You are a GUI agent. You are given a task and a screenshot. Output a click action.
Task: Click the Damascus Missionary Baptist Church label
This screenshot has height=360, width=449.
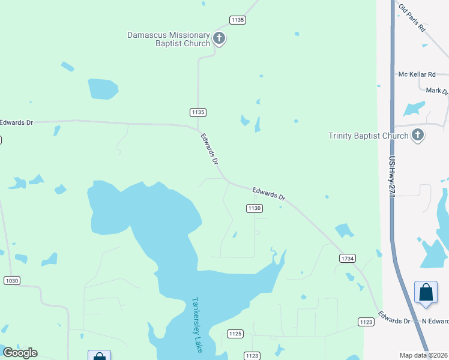click(168, 39)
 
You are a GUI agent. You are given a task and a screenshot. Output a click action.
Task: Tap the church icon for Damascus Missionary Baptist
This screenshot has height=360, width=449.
click(219, 40)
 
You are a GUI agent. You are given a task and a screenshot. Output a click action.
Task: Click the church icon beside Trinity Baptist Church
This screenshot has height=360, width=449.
click(418, 135)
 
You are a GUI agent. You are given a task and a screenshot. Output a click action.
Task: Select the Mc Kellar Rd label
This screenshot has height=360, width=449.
click(417, 74)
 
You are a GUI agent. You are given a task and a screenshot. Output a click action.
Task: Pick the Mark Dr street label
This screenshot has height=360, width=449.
click(436, 91)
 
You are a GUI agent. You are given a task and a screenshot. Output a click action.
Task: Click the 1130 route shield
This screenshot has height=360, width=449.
click(254, 208)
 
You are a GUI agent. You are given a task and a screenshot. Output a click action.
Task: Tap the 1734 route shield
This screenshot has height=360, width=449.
click(348, 258)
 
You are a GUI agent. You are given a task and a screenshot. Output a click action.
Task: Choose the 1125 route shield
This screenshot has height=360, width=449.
click(235, 333)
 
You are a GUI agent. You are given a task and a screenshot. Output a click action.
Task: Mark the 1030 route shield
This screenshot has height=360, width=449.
click(11, 280)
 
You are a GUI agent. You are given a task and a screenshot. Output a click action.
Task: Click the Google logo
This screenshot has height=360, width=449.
click(20, 353)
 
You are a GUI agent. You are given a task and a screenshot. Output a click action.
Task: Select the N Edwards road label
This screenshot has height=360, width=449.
click(435, 321)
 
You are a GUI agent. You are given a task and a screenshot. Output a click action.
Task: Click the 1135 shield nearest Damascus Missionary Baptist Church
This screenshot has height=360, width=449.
click(237, 20)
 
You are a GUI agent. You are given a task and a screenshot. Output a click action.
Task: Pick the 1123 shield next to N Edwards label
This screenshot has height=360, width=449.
click(366, 322)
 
